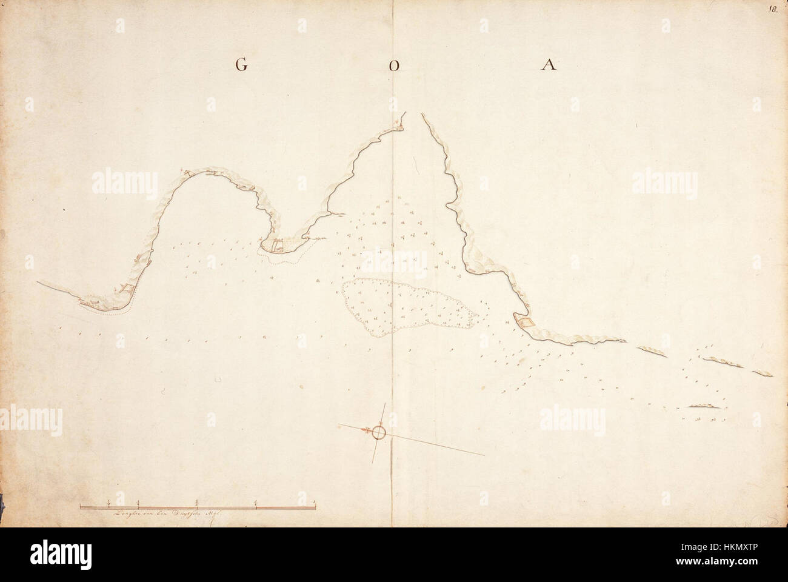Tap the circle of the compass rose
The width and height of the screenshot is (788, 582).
(379, 432)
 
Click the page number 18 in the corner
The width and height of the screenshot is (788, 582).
(773, 9)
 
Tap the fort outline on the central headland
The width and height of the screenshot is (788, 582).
(277, 246)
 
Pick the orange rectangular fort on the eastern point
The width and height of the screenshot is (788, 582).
(525, 322)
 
